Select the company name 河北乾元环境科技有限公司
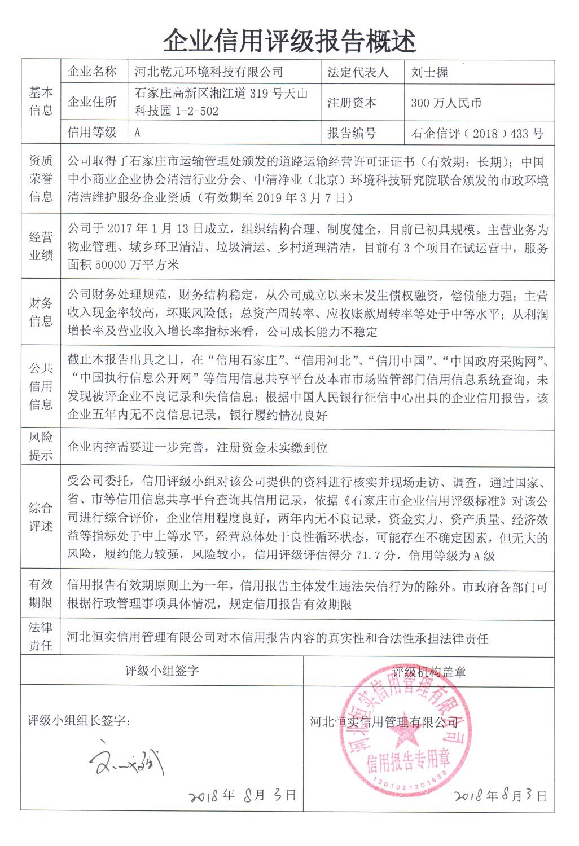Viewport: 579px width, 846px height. click(x=209, y=72)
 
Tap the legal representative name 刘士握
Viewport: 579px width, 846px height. click(x=429, y=72)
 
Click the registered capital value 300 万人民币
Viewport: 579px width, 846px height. click(x=446, y=103)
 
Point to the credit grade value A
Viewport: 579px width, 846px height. click(x=137, y=133)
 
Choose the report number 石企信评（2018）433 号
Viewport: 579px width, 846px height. click(x=477, y=134)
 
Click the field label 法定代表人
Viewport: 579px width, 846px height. click(x=358, y=72)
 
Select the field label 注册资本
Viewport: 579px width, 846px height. click(x=352, y=103)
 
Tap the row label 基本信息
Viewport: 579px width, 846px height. click(x=41, y=101)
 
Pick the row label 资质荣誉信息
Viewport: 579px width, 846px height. click(x=41, y=179)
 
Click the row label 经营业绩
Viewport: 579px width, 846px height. click(x=41, y=246)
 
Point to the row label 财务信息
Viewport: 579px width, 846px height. click(x=41, y=312)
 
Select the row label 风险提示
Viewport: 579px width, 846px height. click(x=41, y=446)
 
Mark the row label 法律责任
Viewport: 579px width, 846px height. click(x=41, y=636)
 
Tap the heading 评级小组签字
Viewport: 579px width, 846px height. click(x=162, y=671)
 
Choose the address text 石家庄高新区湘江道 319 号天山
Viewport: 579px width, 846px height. click(x=221, y=94)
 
